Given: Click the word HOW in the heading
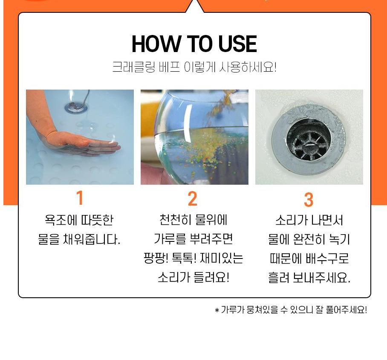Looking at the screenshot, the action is [156, 44].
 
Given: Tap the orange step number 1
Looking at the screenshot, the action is [80, 198].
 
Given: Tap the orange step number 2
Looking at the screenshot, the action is [193, 198].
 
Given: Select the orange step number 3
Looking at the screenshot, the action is [309, 199].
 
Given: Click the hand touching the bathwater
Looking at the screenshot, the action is [81, 143].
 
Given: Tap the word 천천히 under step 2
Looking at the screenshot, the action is [175, 219].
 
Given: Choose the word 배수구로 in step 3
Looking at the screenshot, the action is [327, 258].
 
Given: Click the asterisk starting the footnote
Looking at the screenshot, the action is [217, 310].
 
